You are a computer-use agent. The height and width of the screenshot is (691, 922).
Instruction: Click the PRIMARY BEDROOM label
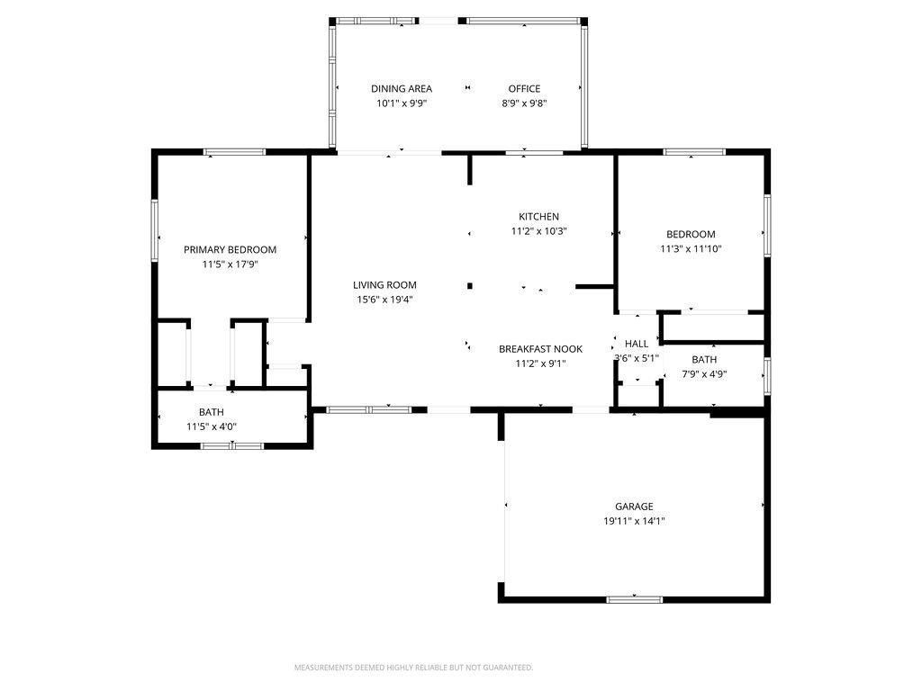pyautogui.click(x=230, y=249)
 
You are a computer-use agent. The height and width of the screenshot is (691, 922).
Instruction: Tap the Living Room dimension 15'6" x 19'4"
pyautogui.click(x=384, y=300)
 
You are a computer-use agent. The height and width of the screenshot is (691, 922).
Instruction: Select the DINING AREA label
pyautogui.click(x=402, y=88)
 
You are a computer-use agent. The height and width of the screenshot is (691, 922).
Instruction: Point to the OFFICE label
pyautogui.click(x=524, y=88)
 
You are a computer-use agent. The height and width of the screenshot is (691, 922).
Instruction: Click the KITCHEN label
pyautogui.click(x=538, y=216)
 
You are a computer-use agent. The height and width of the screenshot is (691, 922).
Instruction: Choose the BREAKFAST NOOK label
pyautogui.click(x=540, y=349)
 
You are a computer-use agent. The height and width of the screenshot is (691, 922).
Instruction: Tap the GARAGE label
pyautogui.click(x=634, y=507)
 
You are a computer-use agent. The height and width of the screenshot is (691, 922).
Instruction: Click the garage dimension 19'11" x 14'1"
pyautogui.click(x=634, y=521)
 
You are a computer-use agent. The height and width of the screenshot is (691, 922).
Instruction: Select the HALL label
pyautogui.click(x=637, y=344)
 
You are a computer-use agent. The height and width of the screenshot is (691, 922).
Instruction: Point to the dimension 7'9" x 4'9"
pyautogui.click(x=704, y=374)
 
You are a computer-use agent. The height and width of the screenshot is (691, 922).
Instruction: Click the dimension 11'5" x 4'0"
pyautogui.click(x=212, y=426)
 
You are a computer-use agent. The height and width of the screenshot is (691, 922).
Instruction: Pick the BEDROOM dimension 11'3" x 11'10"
pyautogui.click(x=691, y=249)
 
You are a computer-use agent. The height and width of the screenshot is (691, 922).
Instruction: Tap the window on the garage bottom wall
pyautogui.click(x=635, y=598)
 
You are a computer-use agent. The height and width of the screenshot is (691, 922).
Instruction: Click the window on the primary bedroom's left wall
pyautogui.click(x=155, y=230)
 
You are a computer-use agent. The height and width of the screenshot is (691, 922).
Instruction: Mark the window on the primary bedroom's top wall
pyautogui.click(x=234, y=152)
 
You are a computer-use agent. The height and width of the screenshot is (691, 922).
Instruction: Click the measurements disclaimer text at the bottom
pyautogui.click(x=413, y=668)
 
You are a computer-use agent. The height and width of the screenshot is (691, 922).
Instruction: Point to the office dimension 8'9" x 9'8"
pyautogui.click(x=524, y=103)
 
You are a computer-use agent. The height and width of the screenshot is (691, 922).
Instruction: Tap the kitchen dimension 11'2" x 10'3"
pyautogui.click(x=538, y=231)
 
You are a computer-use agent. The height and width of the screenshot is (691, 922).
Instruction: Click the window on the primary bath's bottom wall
pyautogui.click(x=232, y=445)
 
